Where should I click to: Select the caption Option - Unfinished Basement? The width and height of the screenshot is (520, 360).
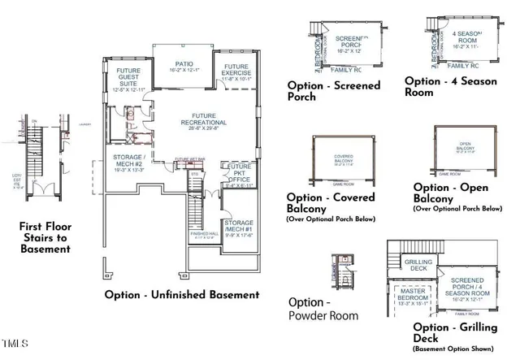pos(182,295)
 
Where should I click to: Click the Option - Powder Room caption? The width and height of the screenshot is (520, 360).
pos(324,308)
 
